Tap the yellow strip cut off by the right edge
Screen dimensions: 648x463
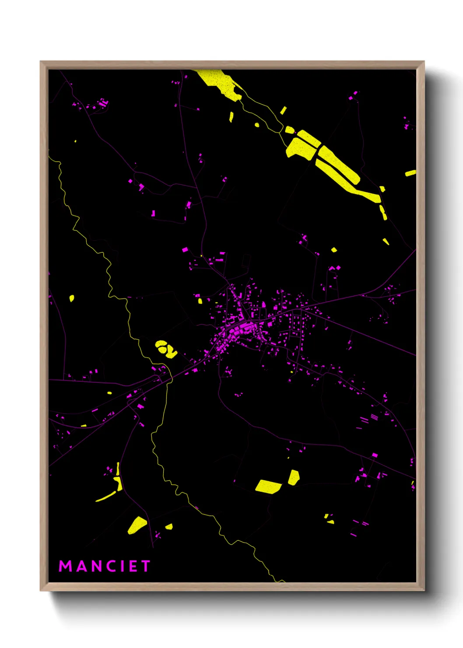tap(410, 173)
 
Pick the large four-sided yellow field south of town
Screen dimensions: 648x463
tap(268, 486)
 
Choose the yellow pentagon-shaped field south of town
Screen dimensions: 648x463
tap(294, 477)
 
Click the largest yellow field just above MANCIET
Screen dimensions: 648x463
tap(137, 525)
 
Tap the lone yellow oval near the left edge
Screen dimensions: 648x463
tap(72, 299)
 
